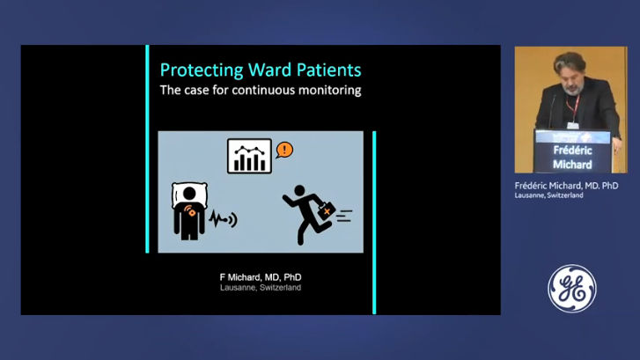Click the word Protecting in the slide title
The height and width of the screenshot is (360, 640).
click(x=202, y=70)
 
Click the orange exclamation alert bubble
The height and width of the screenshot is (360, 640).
click(x=284, y=150)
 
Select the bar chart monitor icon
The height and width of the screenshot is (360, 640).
click(x=249, y=157)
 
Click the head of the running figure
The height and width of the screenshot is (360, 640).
click(x=299, y=190)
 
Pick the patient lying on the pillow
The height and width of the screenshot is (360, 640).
click(x=189, y=210)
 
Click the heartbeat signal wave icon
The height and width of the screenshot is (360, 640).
click(x=224, y=219)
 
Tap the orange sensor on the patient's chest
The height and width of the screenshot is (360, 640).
click(x=191, y=211)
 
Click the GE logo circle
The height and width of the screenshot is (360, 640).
click(x=572, y=288)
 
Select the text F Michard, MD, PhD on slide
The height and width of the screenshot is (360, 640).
click(x=261, y=277)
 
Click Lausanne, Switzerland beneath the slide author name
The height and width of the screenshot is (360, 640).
click(x=261, y=288)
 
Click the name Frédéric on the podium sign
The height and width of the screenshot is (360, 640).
click(x=572, y=151)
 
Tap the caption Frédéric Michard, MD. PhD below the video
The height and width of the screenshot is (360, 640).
click(x=566, y=186)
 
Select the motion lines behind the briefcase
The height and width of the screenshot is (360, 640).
click(x=344, y=216)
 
